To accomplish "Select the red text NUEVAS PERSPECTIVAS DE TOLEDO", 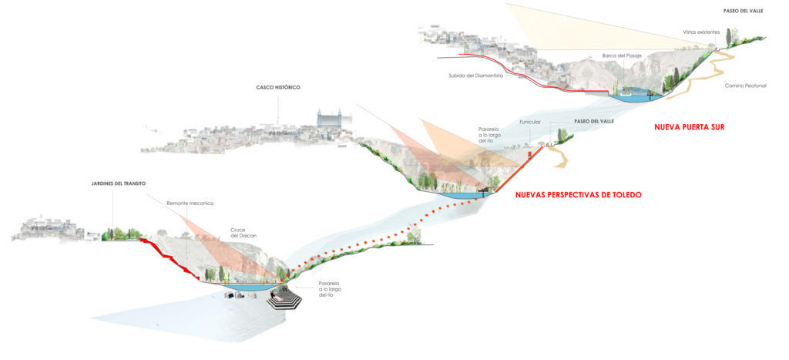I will (x=578, y=195).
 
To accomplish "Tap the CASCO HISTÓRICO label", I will (x=278, y=88).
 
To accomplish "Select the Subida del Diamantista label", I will (x=475, y=76).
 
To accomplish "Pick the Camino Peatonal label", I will (x=745, y=85).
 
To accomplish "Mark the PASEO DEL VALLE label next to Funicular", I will (x=595, y=121).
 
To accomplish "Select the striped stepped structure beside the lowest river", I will (x=286, y=297).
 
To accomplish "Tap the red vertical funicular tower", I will (x=529, y=157).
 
